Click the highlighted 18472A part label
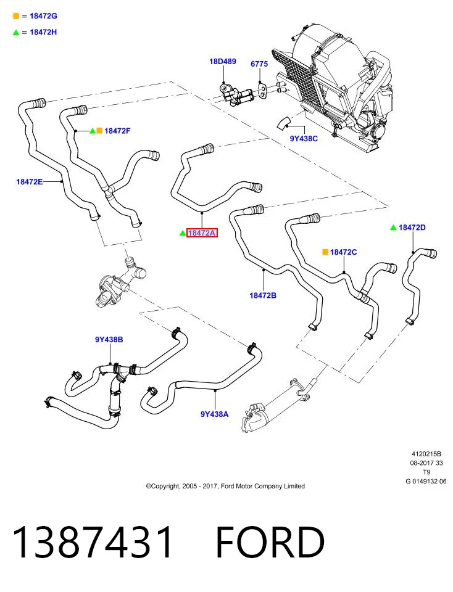[x=202, y=233]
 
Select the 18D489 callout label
[x=223, y=61]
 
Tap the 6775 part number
[x=259, y=64]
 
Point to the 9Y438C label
[x=304, y=139]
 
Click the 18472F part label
[x=117, y=131]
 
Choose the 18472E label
[x=29, y=181]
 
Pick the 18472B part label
[x=262, y=295]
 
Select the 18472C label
[x=343, y=252]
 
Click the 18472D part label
[x=412, y=228]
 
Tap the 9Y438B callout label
[x=109, y=339]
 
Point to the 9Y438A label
[x=214, y=414]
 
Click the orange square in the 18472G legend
[x=16, y=16]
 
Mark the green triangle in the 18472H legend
[x=16, y=33]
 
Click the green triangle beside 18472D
[x=393, y=228]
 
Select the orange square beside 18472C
[x=325, y=252]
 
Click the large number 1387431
[x=93, y=542]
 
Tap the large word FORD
[x=270, y=542]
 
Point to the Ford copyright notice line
[x=225, y=487]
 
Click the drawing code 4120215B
[x=426, y=454]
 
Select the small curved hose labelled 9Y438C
[x=284, y=123]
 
